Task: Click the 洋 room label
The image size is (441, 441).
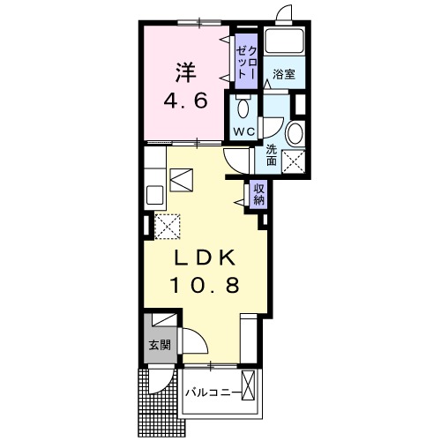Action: coord(186,72)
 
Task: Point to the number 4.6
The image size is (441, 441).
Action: coord(185,101)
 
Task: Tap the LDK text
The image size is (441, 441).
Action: coord(205,258)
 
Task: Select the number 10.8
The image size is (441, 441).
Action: coord(205,285)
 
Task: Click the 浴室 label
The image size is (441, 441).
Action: coord(284,74)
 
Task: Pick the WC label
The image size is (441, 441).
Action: coord(244,132)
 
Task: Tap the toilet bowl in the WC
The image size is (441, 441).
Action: coord(243,108)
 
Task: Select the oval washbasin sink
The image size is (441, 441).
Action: coord(295,134)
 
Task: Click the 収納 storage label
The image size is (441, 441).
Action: coord(259,194)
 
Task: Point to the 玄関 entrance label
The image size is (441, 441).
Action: coord(160,345)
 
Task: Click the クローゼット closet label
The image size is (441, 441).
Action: coord(246,62)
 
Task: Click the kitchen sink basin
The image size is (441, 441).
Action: coord(154,195)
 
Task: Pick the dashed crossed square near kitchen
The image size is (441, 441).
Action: coord(168,227)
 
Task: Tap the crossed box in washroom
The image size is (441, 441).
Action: coord(294,161)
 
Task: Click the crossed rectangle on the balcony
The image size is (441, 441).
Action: coord(248,385)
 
